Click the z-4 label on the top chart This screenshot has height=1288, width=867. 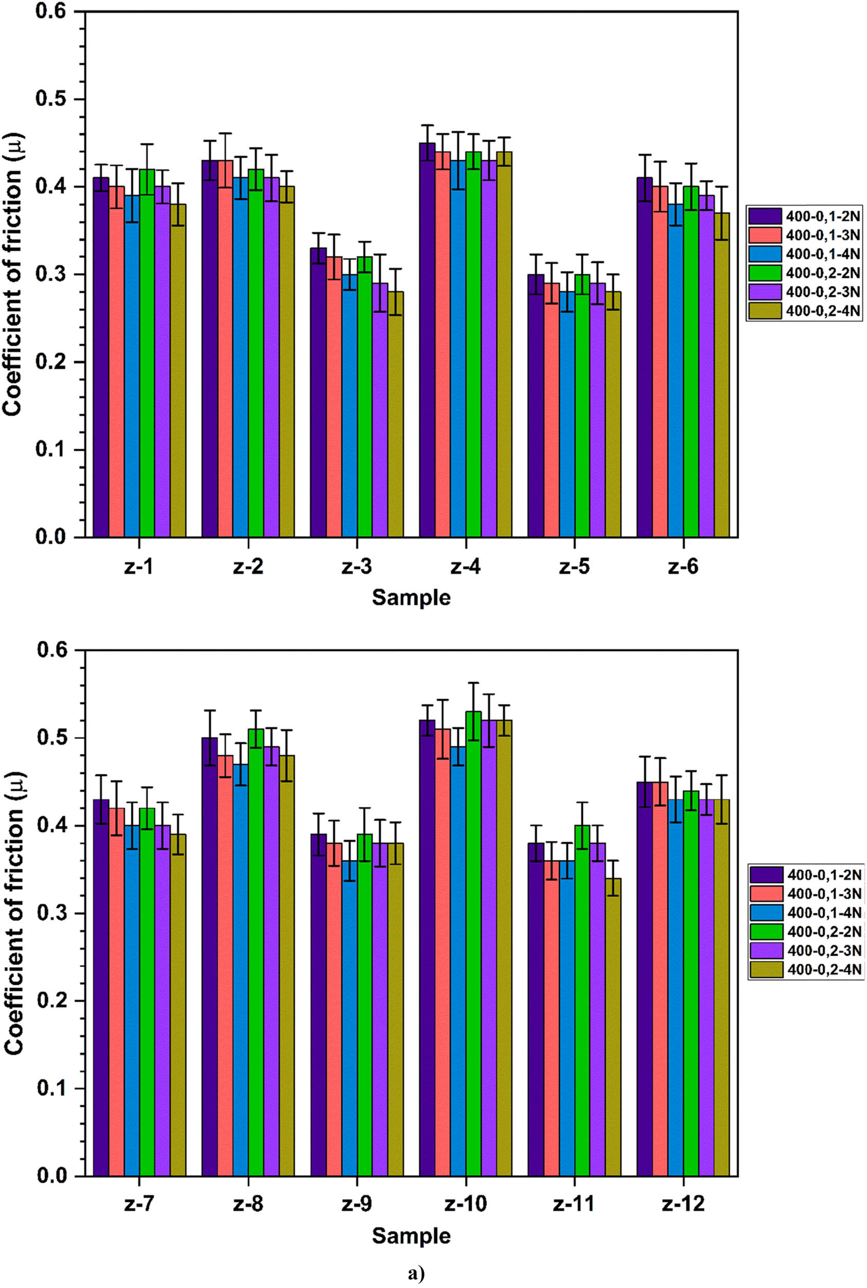click(x=465, y=567)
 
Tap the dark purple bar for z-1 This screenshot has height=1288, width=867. click(x=100, y=360)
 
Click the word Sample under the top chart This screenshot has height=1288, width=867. click(x=411, y=598)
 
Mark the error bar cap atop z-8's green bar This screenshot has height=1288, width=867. click(x=255, y=710)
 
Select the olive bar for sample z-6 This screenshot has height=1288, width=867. click(x=722, y=376)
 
